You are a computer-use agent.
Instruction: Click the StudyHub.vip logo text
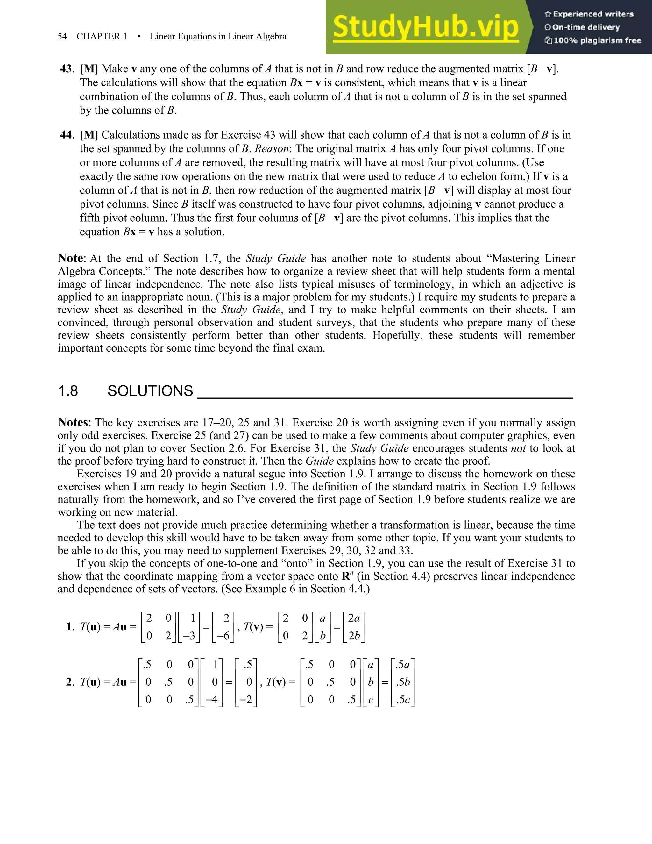[425, 27]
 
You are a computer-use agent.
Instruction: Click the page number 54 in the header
[62, 36]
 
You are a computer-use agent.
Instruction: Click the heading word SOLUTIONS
[150, 391]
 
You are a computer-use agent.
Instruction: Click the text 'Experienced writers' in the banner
[593, 14]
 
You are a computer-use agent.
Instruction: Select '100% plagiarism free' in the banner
[597, 40]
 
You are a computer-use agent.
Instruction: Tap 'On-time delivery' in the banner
[586, 27]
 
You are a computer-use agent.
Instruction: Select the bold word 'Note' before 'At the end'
[70, 258]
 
